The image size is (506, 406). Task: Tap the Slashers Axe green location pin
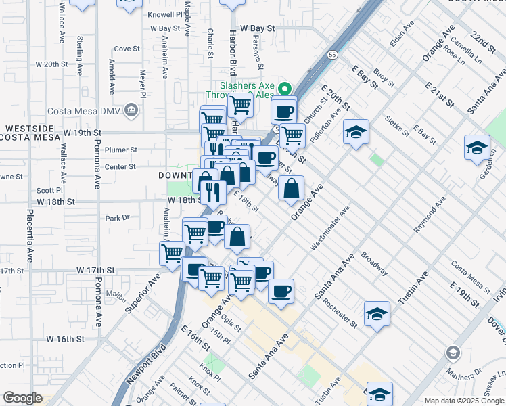[285, 89]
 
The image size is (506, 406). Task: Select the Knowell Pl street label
[165, 14]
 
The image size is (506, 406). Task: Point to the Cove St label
[127, 49]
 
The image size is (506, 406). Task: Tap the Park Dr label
[117, 218]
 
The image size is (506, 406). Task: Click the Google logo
[22, 398]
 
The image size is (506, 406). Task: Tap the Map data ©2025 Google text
[465, 401]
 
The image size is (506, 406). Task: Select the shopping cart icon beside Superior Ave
[172, 252]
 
